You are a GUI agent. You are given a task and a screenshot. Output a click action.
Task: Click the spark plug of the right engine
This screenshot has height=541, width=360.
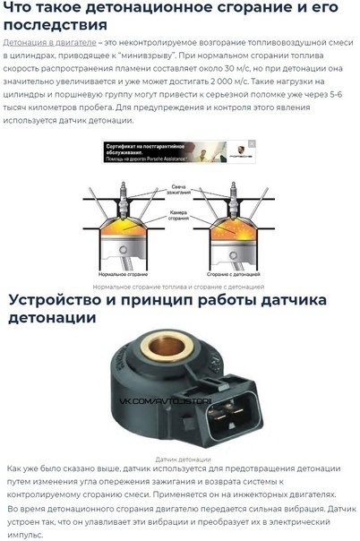[x=238, y=193]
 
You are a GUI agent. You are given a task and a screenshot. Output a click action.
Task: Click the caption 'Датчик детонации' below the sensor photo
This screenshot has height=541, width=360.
[x=179, y=459]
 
